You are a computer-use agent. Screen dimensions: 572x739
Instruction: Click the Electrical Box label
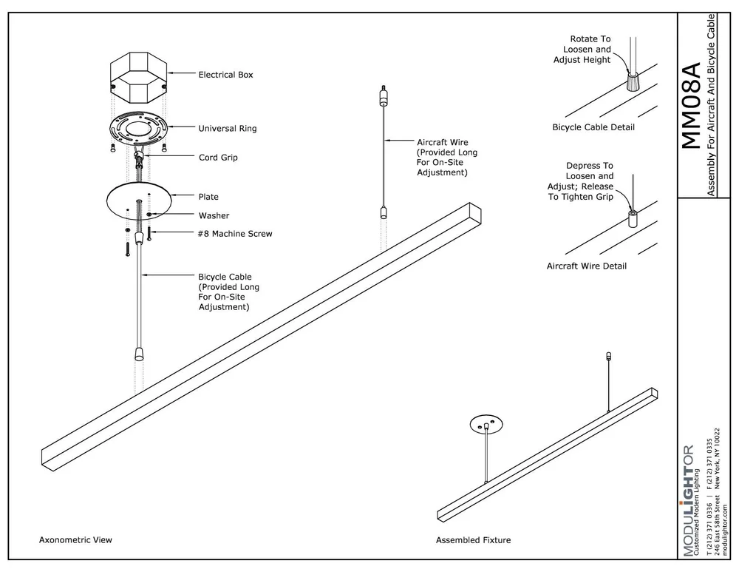click(x=225, y=75)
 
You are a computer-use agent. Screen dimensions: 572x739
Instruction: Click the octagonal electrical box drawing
click(x=137, y=76)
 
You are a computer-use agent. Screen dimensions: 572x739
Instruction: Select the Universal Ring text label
click(x=228, y=129)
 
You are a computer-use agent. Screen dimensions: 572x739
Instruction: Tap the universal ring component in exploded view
click(x=138, y=130)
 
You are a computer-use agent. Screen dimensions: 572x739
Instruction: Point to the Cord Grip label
click(x=218, y=158)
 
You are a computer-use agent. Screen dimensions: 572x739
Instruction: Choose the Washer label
click(x=214, y=216)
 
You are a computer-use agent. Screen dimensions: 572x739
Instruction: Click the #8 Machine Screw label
click(x=235, y=234)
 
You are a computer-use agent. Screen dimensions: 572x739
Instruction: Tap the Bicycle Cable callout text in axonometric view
click(x=228, y=291)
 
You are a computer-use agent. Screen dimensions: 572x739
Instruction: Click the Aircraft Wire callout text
click(x=447, y=157)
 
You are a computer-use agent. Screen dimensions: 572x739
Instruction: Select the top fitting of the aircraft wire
click(x=384, y=97)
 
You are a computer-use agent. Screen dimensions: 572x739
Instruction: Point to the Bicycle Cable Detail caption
click(x=593, y=127)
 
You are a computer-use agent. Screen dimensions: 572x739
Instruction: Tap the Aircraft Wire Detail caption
click(x=586, y=266)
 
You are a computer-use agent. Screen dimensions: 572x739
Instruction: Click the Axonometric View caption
click(x=75, y=540)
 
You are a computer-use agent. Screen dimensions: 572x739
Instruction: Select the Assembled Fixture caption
click(x=473, y=540)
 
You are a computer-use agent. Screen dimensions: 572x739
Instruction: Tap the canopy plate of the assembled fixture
click(x=486, y=424)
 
